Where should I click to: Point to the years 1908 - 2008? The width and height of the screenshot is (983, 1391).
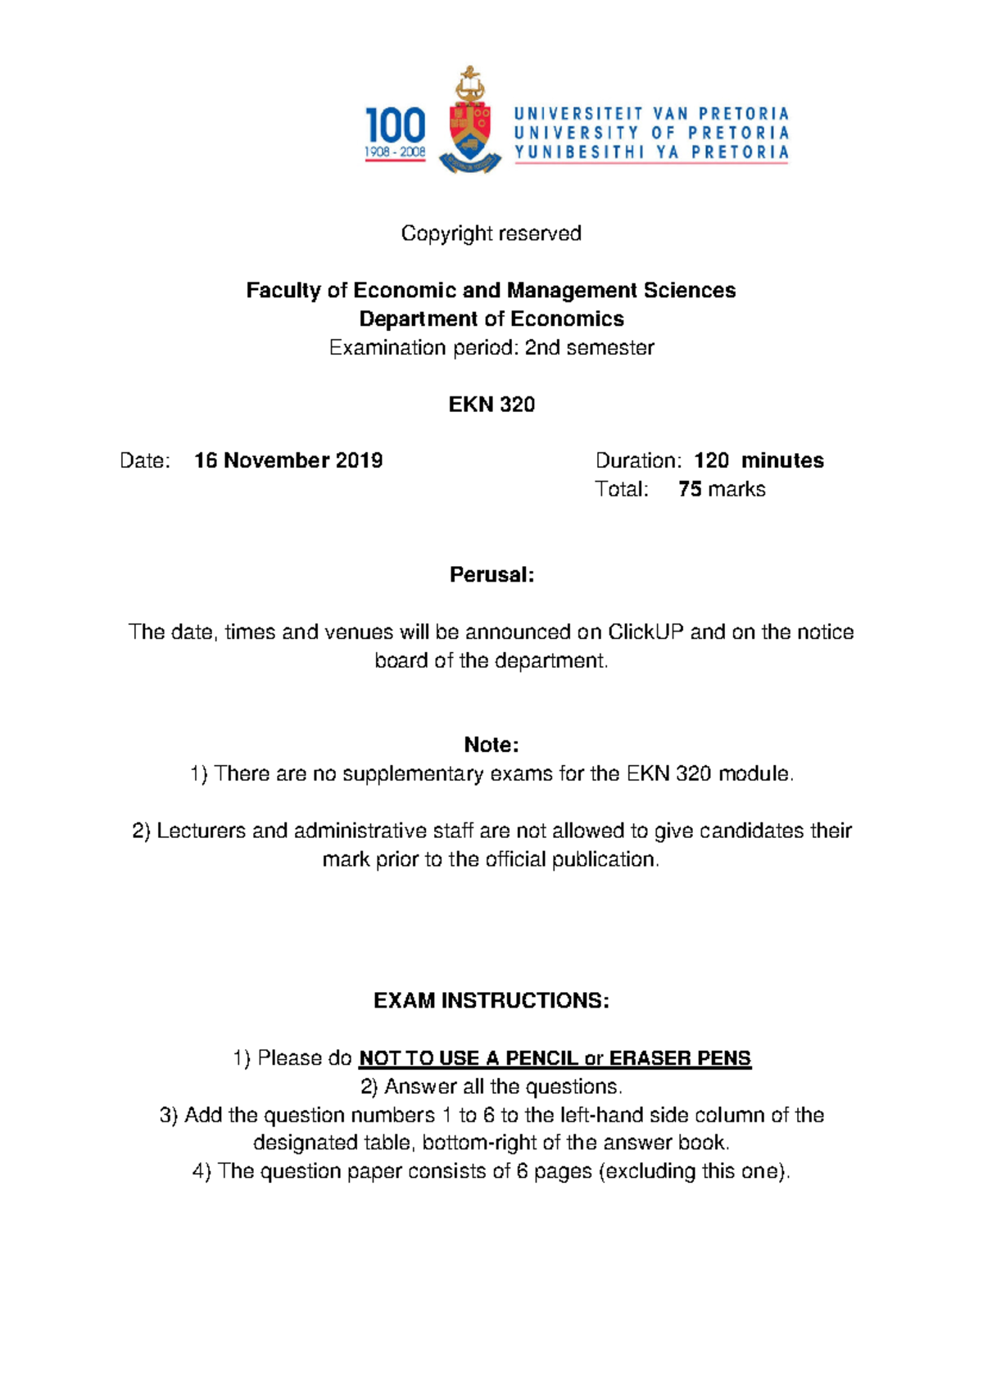tap(395, 152)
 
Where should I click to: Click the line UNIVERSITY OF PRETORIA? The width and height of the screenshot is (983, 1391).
tap(651, 133)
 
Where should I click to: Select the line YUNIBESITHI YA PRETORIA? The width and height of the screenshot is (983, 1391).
tap(651, 152)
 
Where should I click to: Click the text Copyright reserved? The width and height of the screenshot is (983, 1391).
tap(491, 233)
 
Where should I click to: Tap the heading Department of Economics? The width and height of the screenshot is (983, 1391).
tap(491, 319)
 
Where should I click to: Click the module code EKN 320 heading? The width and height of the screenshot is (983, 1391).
tap(491, 404)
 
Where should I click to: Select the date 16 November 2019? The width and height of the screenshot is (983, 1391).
tap(288, 460)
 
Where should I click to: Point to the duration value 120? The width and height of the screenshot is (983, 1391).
tap(711, 460)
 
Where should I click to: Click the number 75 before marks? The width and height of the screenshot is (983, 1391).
tap(690, 489)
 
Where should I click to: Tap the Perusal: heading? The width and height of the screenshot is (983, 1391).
tap(491, 575)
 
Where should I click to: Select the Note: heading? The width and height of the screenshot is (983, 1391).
tap(491, 745)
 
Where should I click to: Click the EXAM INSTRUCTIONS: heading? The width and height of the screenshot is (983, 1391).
tap(491, 1000)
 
